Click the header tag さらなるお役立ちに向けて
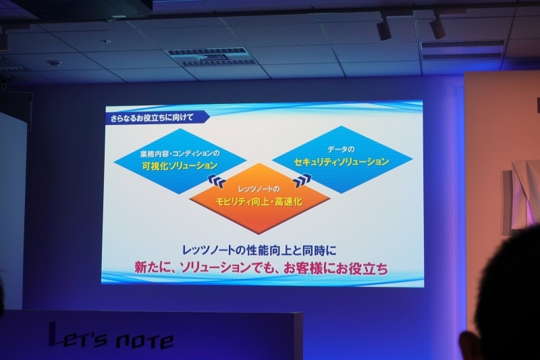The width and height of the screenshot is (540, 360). [x=151, y=118]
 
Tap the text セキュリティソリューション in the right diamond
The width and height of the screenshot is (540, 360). [x=342, y=162]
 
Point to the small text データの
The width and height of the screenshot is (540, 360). [x=341, y=148]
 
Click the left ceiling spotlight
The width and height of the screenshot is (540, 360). [x=383, y=28]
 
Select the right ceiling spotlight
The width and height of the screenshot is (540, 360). [x=437, y=26]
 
